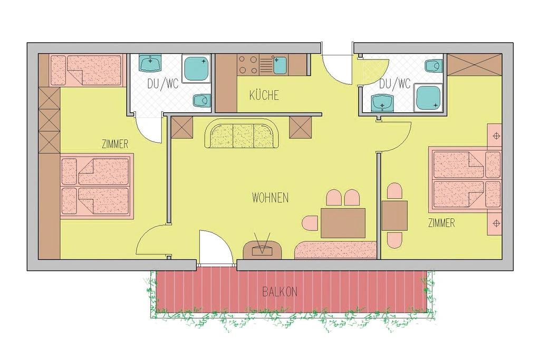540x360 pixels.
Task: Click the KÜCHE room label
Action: (x=264, y=95)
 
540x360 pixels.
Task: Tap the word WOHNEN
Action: (x=270, y=198)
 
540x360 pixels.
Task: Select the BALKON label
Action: (x=280, y=291)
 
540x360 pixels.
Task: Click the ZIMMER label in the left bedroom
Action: (x=115, y=144)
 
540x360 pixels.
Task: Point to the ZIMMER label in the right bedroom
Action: (x=441, y=223)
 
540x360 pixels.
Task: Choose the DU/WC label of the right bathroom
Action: (x=394, y=83)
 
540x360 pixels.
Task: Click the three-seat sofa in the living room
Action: (x=242, y=135)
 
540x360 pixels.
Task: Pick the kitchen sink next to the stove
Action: (x=280, y=65)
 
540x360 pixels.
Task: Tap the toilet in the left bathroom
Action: (x=200, y=100)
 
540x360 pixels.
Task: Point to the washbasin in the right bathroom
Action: (x=381, y=103)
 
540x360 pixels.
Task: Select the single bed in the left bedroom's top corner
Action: (x=85, y=70)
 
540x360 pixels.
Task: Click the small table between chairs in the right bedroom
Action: (x=394, y=216)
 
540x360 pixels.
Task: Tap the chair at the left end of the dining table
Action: (x=310, y=222)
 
